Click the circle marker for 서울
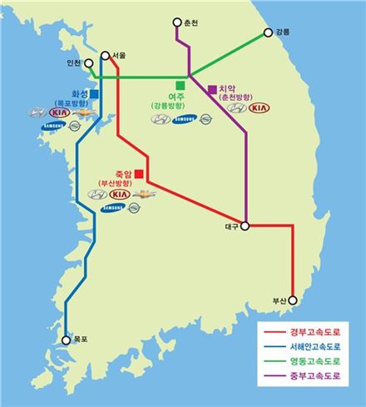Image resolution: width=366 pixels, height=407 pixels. point(105,57)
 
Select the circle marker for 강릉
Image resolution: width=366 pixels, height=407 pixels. point(268,33)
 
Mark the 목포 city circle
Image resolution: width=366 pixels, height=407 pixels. point(67,339)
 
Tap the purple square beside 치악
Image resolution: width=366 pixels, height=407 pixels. point(212,88)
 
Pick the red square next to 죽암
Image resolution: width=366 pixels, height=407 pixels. point(139,174)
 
